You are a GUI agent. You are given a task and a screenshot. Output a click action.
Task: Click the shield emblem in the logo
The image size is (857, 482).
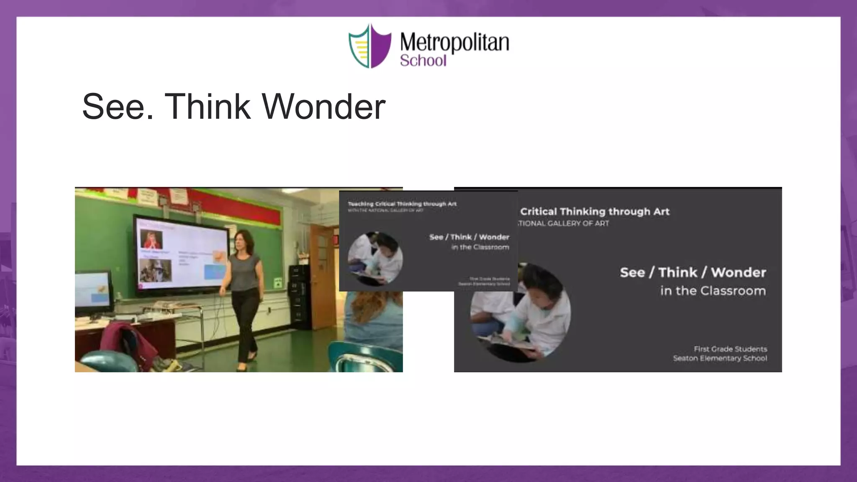coord(369,46)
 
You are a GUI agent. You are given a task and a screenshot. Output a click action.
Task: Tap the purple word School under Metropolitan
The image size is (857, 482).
coord(423,61)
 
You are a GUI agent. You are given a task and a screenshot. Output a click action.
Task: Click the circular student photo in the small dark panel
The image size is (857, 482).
coord(375,259)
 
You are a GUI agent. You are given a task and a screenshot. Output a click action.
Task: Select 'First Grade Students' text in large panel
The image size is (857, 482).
coord(730,349)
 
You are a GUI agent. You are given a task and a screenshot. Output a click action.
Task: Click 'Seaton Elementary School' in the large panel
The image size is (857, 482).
coord(720,358)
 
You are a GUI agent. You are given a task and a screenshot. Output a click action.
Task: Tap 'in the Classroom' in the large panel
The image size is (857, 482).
coord(713,291)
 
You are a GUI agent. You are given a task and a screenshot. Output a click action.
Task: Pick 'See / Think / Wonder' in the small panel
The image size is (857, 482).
coord(469,237)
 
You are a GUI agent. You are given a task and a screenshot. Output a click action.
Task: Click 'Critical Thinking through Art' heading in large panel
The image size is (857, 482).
coord(595,212)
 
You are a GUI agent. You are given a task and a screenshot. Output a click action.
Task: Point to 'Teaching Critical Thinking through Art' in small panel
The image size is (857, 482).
coord(402,204)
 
